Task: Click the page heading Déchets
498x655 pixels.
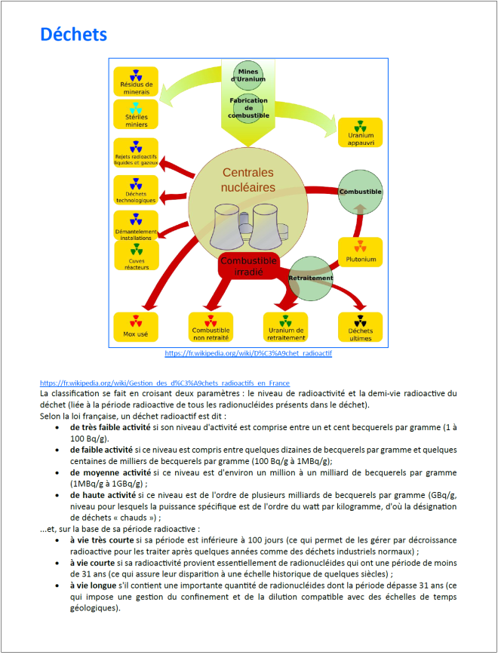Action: point(73,35)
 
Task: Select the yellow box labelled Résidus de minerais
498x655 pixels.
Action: point(136,81)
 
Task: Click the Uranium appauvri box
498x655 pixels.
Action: point(361,132)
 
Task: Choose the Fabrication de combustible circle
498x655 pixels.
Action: point(248,106)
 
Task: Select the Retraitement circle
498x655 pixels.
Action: point(310,278)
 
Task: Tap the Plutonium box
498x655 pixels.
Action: point(360,253)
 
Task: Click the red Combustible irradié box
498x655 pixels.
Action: point(248,266)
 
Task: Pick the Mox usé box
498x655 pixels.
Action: point(136,327)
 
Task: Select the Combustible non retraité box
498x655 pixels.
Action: point(211,327)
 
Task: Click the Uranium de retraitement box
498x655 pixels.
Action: point(285,327)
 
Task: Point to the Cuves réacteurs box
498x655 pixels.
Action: point(136,256)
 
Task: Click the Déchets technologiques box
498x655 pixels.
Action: point(136,190)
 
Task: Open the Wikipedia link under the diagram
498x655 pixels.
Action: point(248,353)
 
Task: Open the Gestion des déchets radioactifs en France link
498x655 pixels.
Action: point(164,383)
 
